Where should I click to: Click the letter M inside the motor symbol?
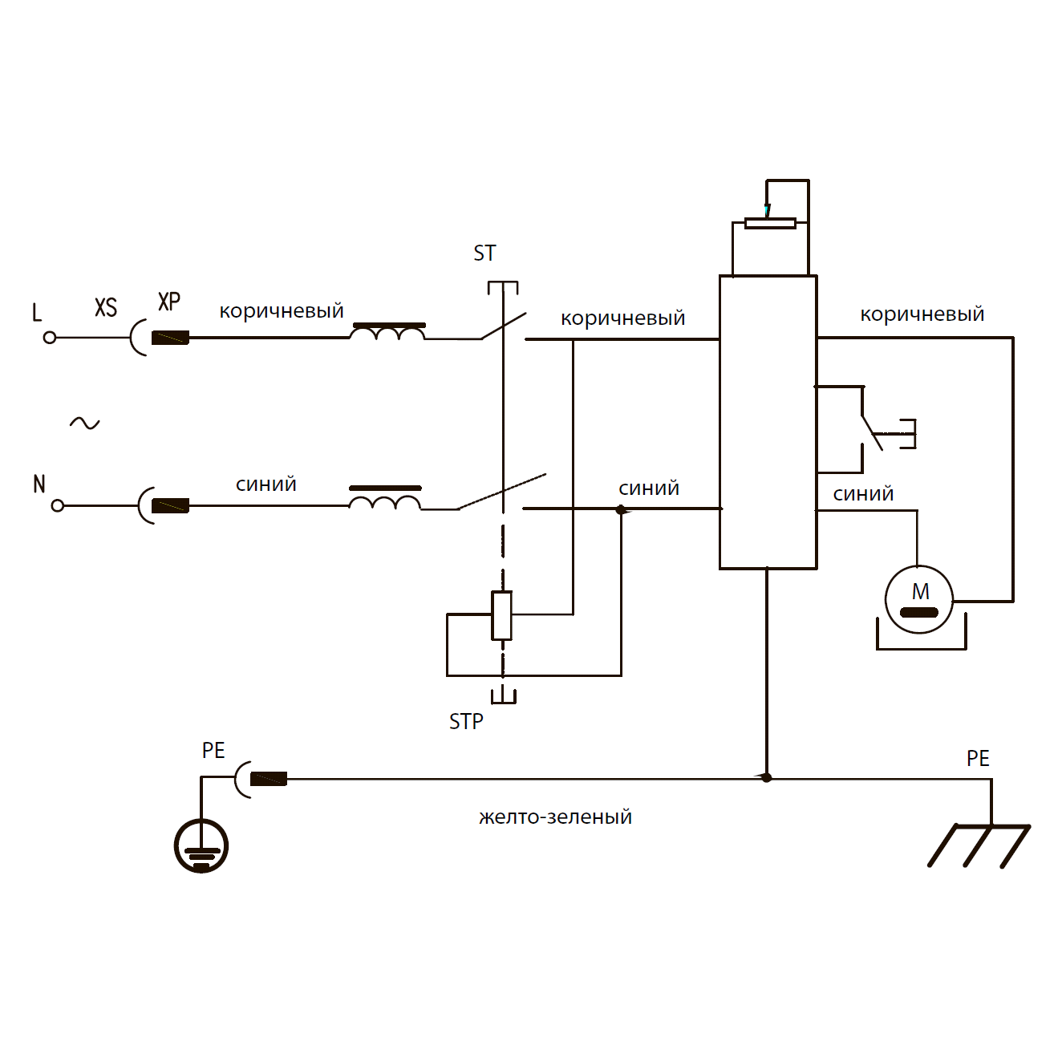(920, 592)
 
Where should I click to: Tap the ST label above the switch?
(484, 253)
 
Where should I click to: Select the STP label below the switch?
(466, 722)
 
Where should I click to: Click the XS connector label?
(106, 307)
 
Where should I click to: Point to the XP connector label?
(169, 302)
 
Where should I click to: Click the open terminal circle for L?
(50, 338)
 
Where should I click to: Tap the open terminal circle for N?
(57, 505)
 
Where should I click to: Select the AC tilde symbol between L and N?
(84, 423)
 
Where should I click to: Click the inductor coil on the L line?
(388, 332)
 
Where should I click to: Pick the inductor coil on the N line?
(384, 500)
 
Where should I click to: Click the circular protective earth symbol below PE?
(201, 845)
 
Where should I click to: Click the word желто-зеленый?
(555, 817)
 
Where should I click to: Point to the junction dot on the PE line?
(766, 777)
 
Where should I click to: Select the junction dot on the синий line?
(620, 509)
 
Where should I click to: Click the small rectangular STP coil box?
(502, 615)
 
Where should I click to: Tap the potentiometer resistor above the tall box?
(770, 223)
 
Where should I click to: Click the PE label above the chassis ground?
(978, 758)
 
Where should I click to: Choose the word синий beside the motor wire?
(863, 493)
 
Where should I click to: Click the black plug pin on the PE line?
(269, 779)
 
